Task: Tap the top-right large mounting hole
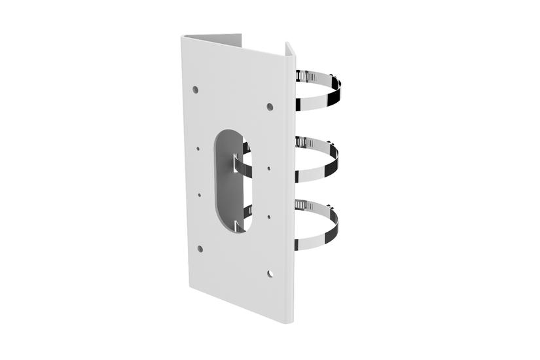[270, 106]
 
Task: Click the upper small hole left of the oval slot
[198, 149]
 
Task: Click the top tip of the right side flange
[289, 44]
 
